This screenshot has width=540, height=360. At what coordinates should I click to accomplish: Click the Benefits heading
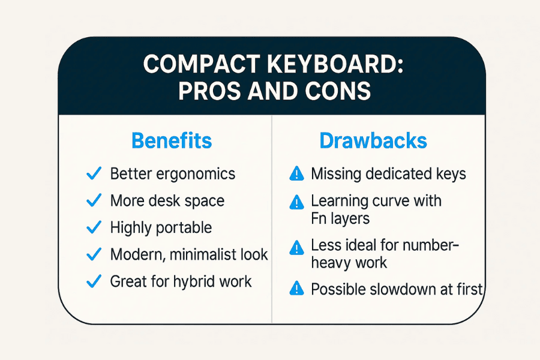pos(172,141)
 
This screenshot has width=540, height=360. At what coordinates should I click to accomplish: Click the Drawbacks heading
pos(373,141)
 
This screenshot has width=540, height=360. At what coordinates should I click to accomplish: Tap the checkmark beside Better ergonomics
pos(94,174)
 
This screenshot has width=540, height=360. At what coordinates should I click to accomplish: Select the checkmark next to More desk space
pos(94,200)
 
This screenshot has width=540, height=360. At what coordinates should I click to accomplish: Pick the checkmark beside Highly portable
pos(94,227)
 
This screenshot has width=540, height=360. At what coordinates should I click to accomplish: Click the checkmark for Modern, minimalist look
pos(94,254)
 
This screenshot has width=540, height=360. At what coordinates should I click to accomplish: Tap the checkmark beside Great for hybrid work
pos(94,281)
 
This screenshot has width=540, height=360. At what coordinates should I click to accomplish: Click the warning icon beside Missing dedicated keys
pos(296,175)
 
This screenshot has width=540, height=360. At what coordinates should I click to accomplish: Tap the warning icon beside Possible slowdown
pos(296,289)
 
